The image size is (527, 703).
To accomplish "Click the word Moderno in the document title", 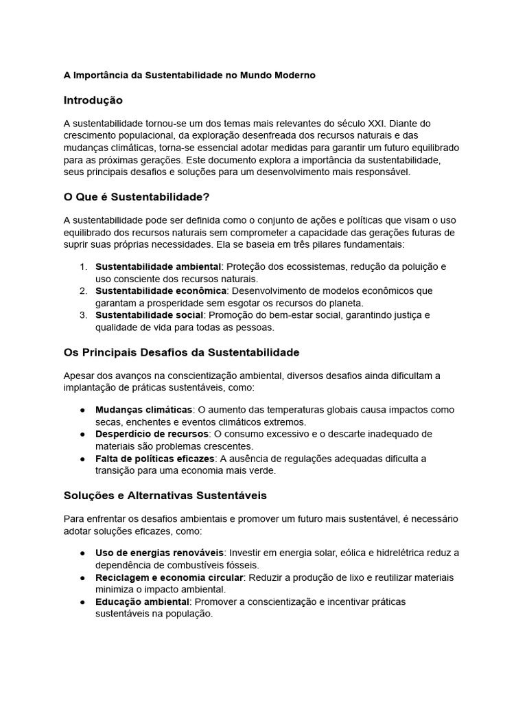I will pos(293,75).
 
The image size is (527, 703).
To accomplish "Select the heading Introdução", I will pos(93,100).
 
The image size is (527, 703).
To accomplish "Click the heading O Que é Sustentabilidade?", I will pos(136,197).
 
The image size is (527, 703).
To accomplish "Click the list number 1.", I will pos(82,266).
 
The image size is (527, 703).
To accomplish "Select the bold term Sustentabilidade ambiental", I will pos(158,266).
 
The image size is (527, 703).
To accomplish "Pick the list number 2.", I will pos(82,291).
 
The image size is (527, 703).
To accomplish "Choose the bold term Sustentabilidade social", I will pos(149,315).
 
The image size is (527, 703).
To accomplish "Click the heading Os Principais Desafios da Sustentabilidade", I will pos(181,352).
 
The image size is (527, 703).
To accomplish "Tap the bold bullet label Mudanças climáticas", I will pos(143,410).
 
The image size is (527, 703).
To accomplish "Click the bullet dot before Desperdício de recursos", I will pos(82,434).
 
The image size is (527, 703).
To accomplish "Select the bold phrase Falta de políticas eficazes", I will pos(155,459).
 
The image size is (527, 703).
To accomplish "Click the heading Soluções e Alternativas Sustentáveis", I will pos(165,495).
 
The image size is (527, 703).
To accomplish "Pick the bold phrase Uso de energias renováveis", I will pos(159,553).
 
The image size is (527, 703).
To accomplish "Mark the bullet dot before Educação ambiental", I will pos(82,602).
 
